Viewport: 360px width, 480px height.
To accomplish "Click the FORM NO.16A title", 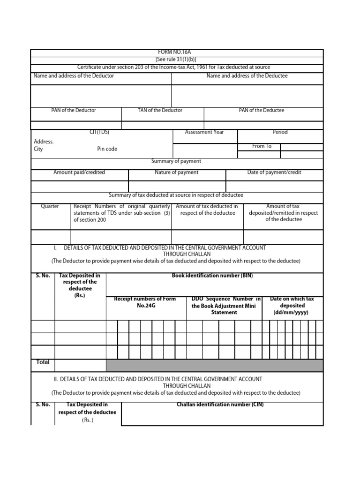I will (176, 53).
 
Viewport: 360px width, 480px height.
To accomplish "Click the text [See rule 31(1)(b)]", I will (176, 60).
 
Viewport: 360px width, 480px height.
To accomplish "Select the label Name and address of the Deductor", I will (74, 75).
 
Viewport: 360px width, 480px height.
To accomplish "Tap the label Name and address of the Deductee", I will (247, 75).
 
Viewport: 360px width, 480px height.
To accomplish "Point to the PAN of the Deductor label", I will (74, 110).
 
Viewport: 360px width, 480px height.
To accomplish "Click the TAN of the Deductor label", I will (160, 110).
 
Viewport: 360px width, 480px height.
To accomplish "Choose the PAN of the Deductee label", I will (262, 110).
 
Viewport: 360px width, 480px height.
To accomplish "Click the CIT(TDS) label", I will (99, 132).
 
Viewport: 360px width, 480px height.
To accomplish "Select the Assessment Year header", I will (204, 132).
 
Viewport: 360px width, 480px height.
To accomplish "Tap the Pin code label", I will (107, 149).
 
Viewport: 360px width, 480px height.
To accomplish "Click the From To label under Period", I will (262, 146).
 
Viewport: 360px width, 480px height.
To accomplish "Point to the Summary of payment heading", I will (176, 161).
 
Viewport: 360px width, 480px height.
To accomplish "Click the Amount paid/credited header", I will (79, 172).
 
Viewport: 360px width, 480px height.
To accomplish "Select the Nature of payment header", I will (176, 172).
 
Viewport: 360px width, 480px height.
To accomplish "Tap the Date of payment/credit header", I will (274, 172).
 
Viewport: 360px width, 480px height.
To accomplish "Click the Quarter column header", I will (50, 206).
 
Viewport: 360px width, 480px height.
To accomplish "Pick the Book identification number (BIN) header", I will (212, 276).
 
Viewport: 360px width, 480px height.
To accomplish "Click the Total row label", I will (43, 362).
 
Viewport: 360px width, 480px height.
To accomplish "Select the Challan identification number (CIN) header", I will (220, 405).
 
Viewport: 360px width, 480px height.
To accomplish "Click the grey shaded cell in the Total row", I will (214, 366).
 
